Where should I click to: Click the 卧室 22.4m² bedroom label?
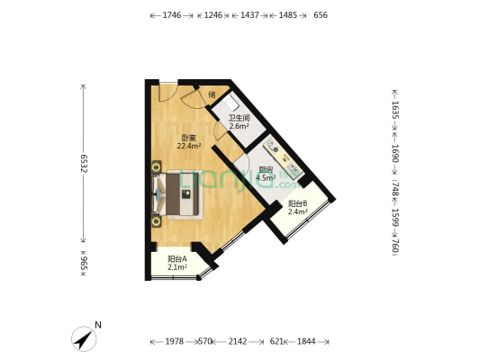189,142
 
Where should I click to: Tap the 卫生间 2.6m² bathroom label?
239,121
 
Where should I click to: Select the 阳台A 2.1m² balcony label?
177,263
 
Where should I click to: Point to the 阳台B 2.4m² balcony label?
297,207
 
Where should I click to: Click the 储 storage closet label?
212,94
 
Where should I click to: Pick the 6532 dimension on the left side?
84,163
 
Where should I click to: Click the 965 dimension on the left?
84,264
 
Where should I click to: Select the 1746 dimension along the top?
172,15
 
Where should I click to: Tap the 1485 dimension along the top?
288,15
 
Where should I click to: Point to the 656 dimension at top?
321,15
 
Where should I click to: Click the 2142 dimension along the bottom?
238,341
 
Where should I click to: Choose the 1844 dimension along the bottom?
306,341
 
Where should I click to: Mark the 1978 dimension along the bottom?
175,341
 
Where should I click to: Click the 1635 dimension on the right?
395,110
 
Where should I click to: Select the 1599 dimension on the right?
395,218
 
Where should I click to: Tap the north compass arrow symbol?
84,339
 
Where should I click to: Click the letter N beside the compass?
98,325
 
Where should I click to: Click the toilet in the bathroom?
231,103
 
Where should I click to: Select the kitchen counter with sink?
283,158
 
